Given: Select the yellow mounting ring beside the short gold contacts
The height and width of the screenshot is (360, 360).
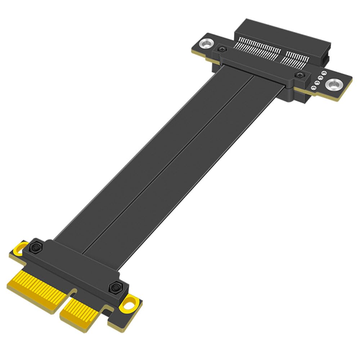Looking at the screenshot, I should (130, 304).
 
